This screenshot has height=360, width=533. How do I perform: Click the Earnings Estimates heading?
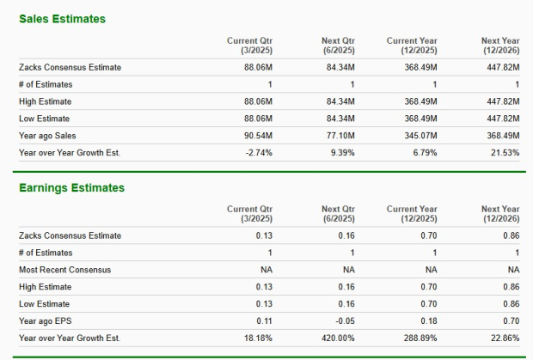pyautogui.click(x=71, y=187)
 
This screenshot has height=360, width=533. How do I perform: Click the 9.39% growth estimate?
pyautogui.click(x=342, y=152)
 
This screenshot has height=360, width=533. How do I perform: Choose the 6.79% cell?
pyautogui.click(x=424, y=152)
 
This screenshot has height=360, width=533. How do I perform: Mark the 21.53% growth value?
pyautogui.click(x=503, y=152)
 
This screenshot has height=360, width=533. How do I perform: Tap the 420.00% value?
pyautogui.click(x=339, y=338)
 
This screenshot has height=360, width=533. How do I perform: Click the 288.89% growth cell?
pyautogui.click(x=420, y=338)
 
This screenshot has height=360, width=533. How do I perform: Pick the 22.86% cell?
pyautogui.click(x=503, y=338)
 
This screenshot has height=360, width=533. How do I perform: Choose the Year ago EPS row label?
pyautogui.click(x=46, y=320)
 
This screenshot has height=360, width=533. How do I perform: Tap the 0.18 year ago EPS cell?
pyautogui.click(x=429, y=320)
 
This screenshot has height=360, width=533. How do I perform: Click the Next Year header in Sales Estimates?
pyautogui.click(x=501, y=45)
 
